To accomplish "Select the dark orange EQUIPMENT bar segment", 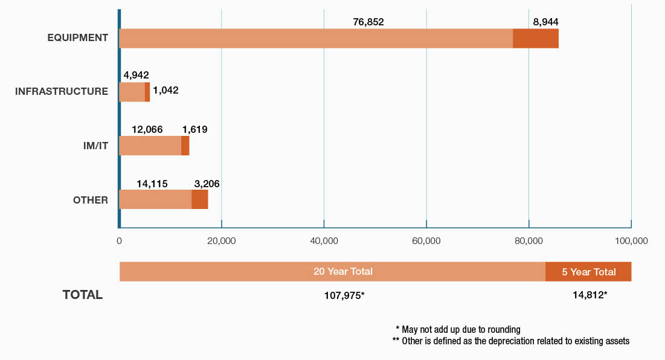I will pyautogui.click(x=536, y=38).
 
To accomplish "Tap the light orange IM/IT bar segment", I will pyautogui.click(x=150, y=146).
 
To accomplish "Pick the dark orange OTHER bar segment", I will pyautogui.click(x=199, y=199).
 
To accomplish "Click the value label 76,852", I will pyautogui.click(x=368, y=22).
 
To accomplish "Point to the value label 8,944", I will pyautogui.click(x=545, y=22).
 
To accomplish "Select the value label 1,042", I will pyautogui.click(x=165, y=91).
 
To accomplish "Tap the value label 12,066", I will pyautogui.click(x=147, y=129).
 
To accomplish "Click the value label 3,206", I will pyautogui.click(x=207, y=183).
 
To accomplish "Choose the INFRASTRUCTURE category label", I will pyautogui.click(x=62, y=92).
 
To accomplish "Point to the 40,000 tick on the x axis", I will pyautogui.click(x=324, y=240).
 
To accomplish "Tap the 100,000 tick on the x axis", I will pyautogui.click(x=631, y=240).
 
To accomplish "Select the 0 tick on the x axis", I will pyautogui.click(x=120, y=240).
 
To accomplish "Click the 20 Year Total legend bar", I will pyautogui.click(x=332, y=272).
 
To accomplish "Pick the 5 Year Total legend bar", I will pyautogui.click(x=588, y=272).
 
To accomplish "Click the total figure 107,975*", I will pyautogui.click(x=344, y=295).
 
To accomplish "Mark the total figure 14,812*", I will pyautogui.click(x=590, y=295).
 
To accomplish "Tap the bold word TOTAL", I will pyautogui.click(x=83, y=295).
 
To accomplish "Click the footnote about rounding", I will pyautogui.click(x=458, y=329).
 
